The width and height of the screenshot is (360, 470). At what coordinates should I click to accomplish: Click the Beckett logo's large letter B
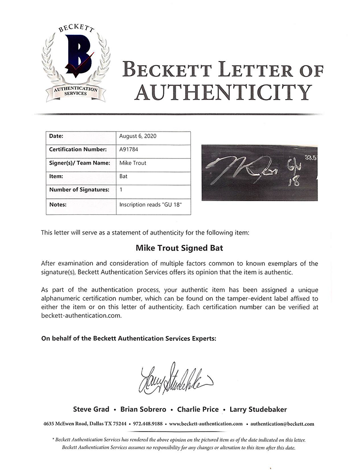tap(76, 56)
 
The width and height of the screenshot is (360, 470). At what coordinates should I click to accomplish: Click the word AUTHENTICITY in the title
tap(223, 92)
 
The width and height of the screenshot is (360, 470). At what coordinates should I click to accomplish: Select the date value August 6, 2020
tap(138, 136)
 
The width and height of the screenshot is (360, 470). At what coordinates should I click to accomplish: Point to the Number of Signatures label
tap(79, 190)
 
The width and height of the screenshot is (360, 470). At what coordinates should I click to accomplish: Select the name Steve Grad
tap(91, 409)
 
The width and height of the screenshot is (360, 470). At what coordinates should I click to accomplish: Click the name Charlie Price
tap(197, 409)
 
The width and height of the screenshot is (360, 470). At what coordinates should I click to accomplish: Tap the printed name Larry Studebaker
tap(258, 409)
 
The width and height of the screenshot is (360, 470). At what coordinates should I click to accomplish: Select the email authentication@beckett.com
tap(282, 424)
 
